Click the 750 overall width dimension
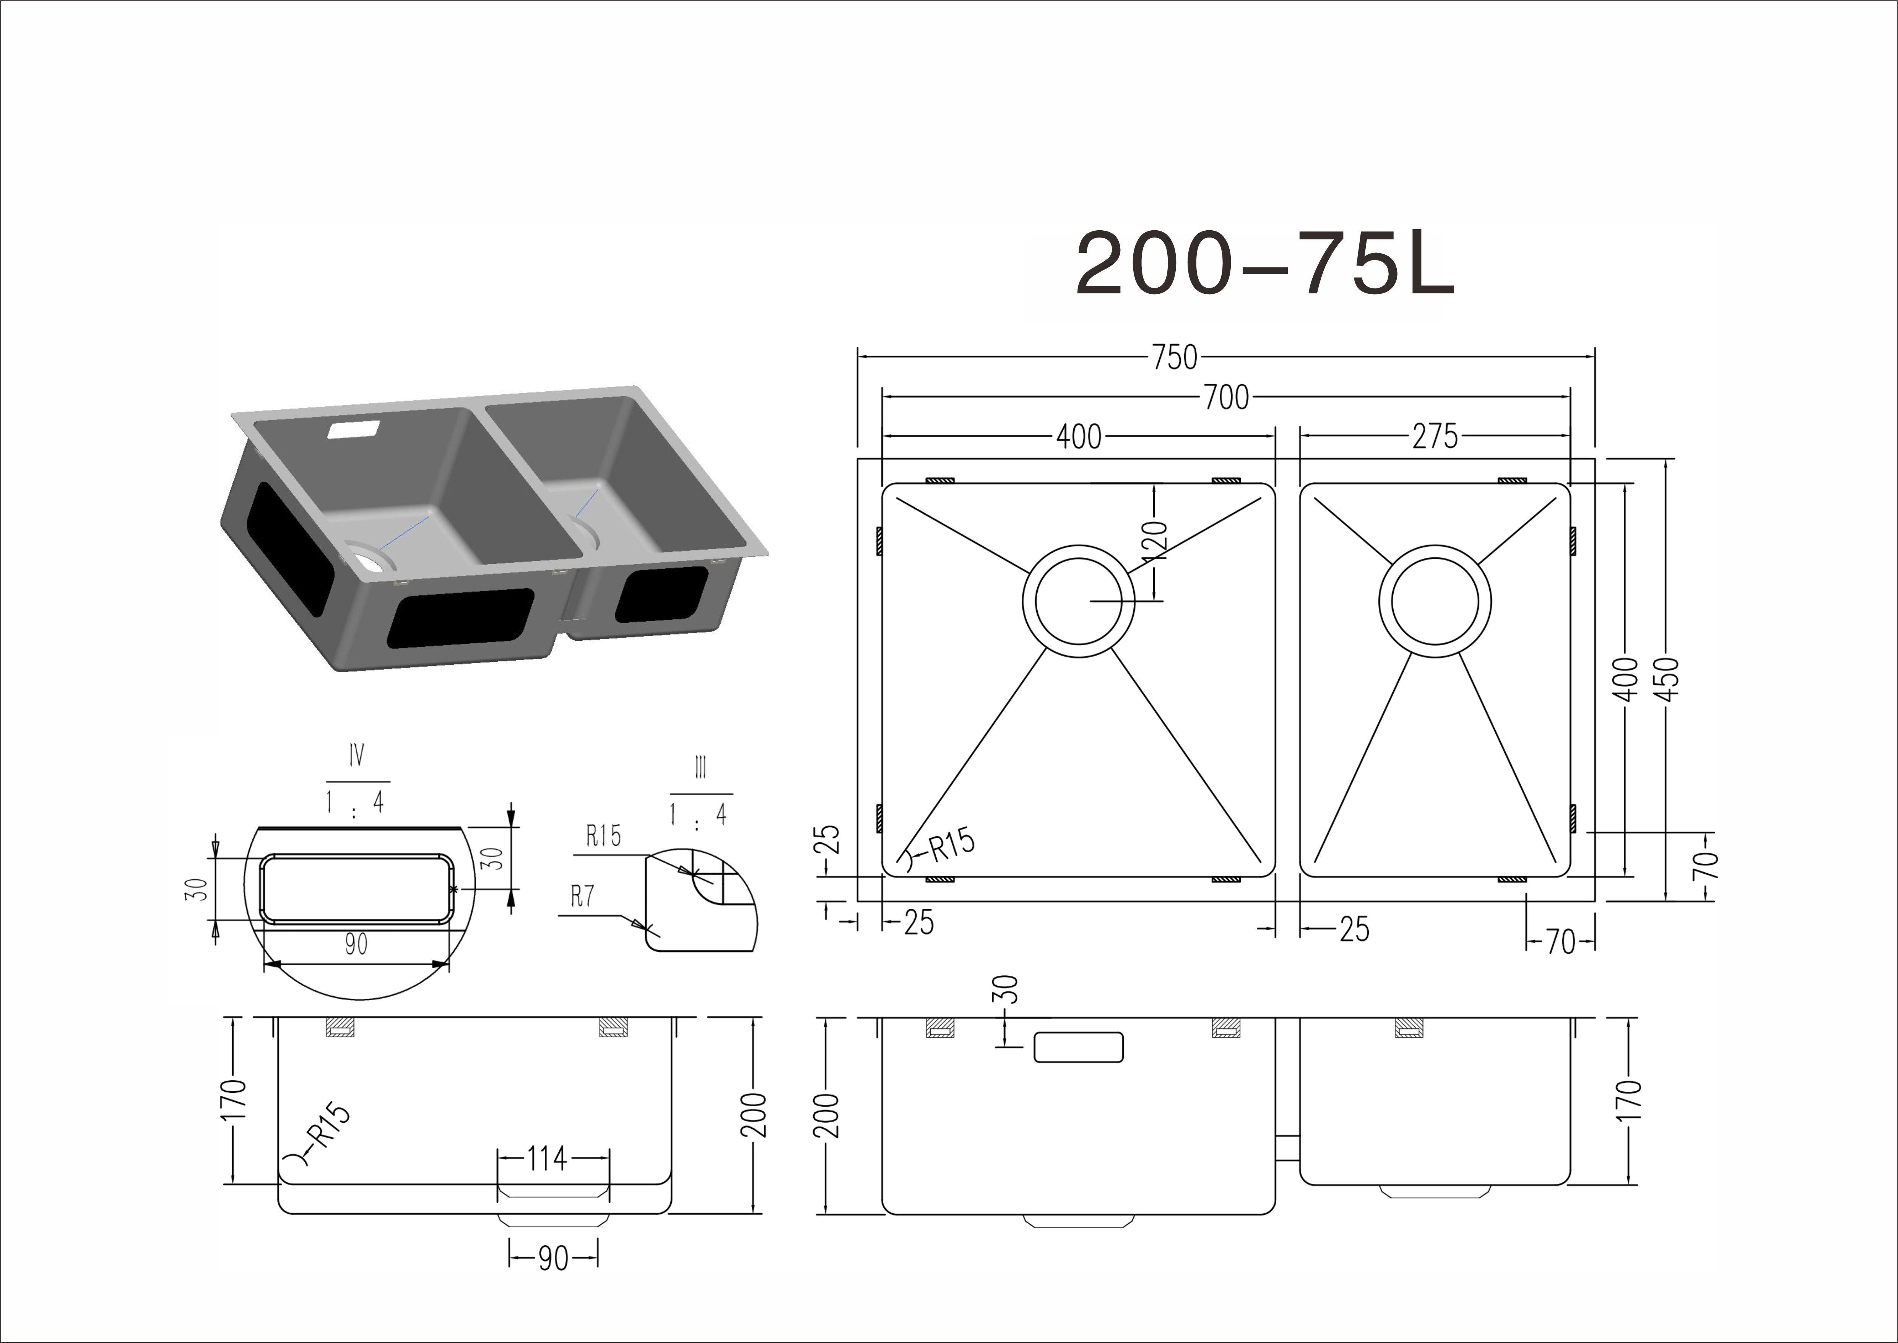coord(1175,357)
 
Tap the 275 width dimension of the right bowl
coord(1435,436)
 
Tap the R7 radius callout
coord(582,895)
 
